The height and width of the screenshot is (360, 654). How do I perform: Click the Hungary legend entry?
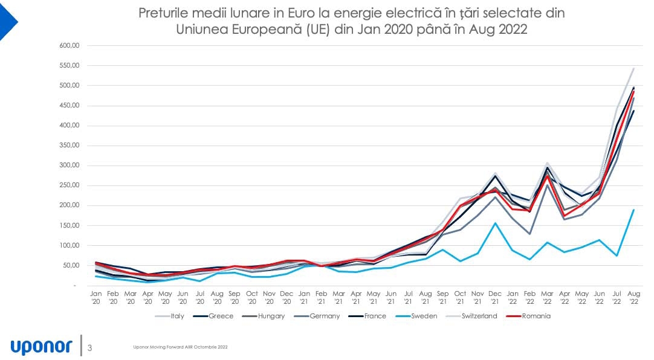click(270, 316)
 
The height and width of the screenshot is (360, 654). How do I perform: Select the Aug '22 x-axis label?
click(633, 296)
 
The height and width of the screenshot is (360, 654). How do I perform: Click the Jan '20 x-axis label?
click(96, 296)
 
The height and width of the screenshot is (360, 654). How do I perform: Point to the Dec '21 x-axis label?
click(495, 296)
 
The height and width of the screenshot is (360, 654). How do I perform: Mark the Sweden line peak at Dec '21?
click(496, 223)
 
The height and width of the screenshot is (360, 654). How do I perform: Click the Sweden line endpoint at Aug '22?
click(633, 210)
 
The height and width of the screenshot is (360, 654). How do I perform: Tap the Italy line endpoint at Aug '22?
click(633, 68)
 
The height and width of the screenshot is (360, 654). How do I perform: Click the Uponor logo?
click(41, 346)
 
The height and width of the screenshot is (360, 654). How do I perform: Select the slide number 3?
click(90, 347)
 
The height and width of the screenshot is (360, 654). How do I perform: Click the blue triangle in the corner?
click(7, 21)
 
